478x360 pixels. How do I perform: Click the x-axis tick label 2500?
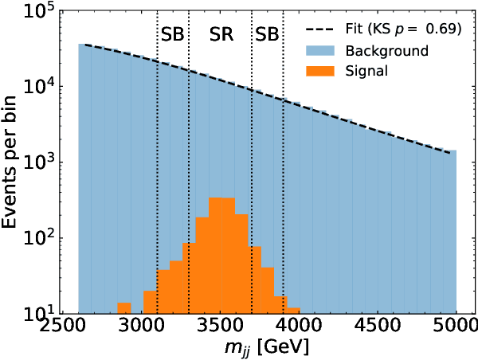click(63, 329)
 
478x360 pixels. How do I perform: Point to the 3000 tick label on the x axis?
click(141, 329)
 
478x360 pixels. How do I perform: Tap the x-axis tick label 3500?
click(220, 329)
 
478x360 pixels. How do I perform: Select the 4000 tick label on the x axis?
click(299, 329)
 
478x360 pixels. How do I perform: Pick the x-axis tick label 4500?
click(378, 329)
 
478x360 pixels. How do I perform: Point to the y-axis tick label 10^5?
click(37, 12)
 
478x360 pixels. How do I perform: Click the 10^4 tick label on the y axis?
click(37, 86)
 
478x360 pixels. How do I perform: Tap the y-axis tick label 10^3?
click(37, 162)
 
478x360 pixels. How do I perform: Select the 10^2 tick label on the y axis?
click(37, 237)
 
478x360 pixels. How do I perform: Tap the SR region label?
click(221, 34)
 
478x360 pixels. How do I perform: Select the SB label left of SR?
click(173, 34)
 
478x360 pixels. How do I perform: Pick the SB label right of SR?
click(268, 34)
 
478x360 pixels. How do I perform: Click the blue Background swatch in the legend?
click(322, 52)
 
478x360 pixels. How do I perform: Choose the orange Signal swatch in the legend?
click(322, 71)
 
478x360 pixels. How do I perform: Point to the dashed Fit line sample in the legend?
click(322, 31)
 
